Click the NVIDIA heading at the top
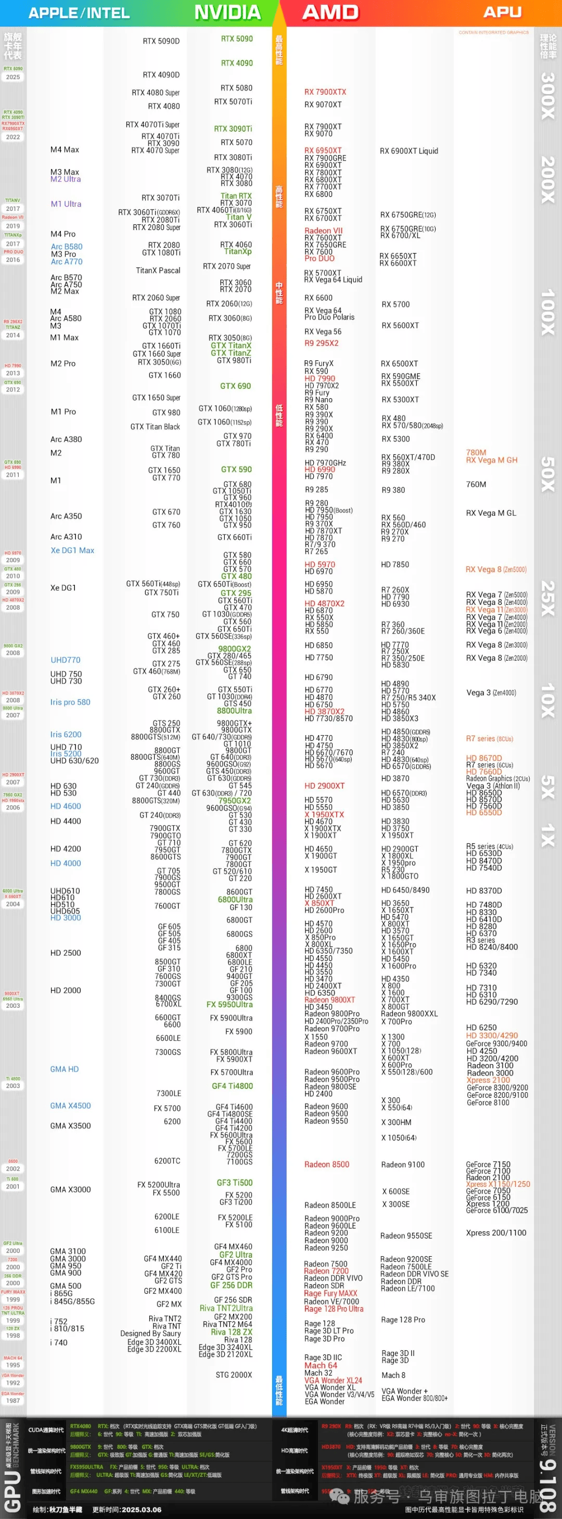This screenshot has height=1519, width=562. pyautogui.click(x=227, y=12)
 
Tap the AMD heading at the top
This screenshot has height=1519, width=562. pyautogui.click(x=330, y=12)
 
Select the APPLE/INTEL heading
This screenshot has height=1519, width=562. pyautogui.click(x=79, y=13)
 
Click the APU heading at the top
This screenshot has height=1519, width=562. pyautogui.click(x=503, y=12)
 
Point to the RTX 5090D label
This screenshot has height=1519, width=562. pyautogui.click(x=161, y=41)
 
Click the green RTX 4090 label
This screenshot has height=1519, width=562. pyautogui.click(x=236, y=63)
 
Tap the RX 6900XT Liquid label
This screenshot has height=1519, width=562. pyautogui.click(x=408, y=151)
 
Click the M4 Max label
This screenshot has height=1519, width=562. pyautogui.click(x=65, y=150)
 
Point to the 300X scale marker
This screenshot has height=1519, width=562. pyautogui.click(x=548, y=96)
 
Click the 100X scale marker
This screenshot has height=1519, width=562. pyautogui.click(x=548, y=312)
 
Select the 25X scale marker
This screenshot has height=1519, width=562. pyautogui.click(x=548, y=598)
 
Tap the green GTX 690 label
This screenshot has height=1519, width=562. pyautogui.click(x=235, y=386)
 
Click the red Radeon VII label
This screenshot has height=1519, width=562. pyautogui.click(x=323, y=231)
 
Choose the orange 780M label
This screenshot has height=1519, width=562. pyautogui.click(x=476, y=453)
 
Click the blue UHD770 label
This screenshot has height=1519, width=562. pyautogui.click(x=65, y=660)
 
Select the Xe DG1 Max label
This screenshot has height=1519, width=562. pyautogui.click(x=72, y=550)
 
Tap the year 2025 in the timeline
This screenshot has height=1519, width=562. pyautogui.click(x=13, y=77)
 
